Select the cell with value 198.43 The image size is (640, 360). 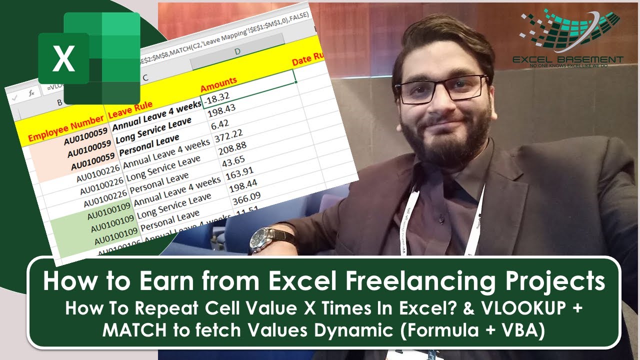click(x=220, y=110)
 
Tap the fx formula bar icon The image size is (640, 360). click(x=30, y=93)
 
